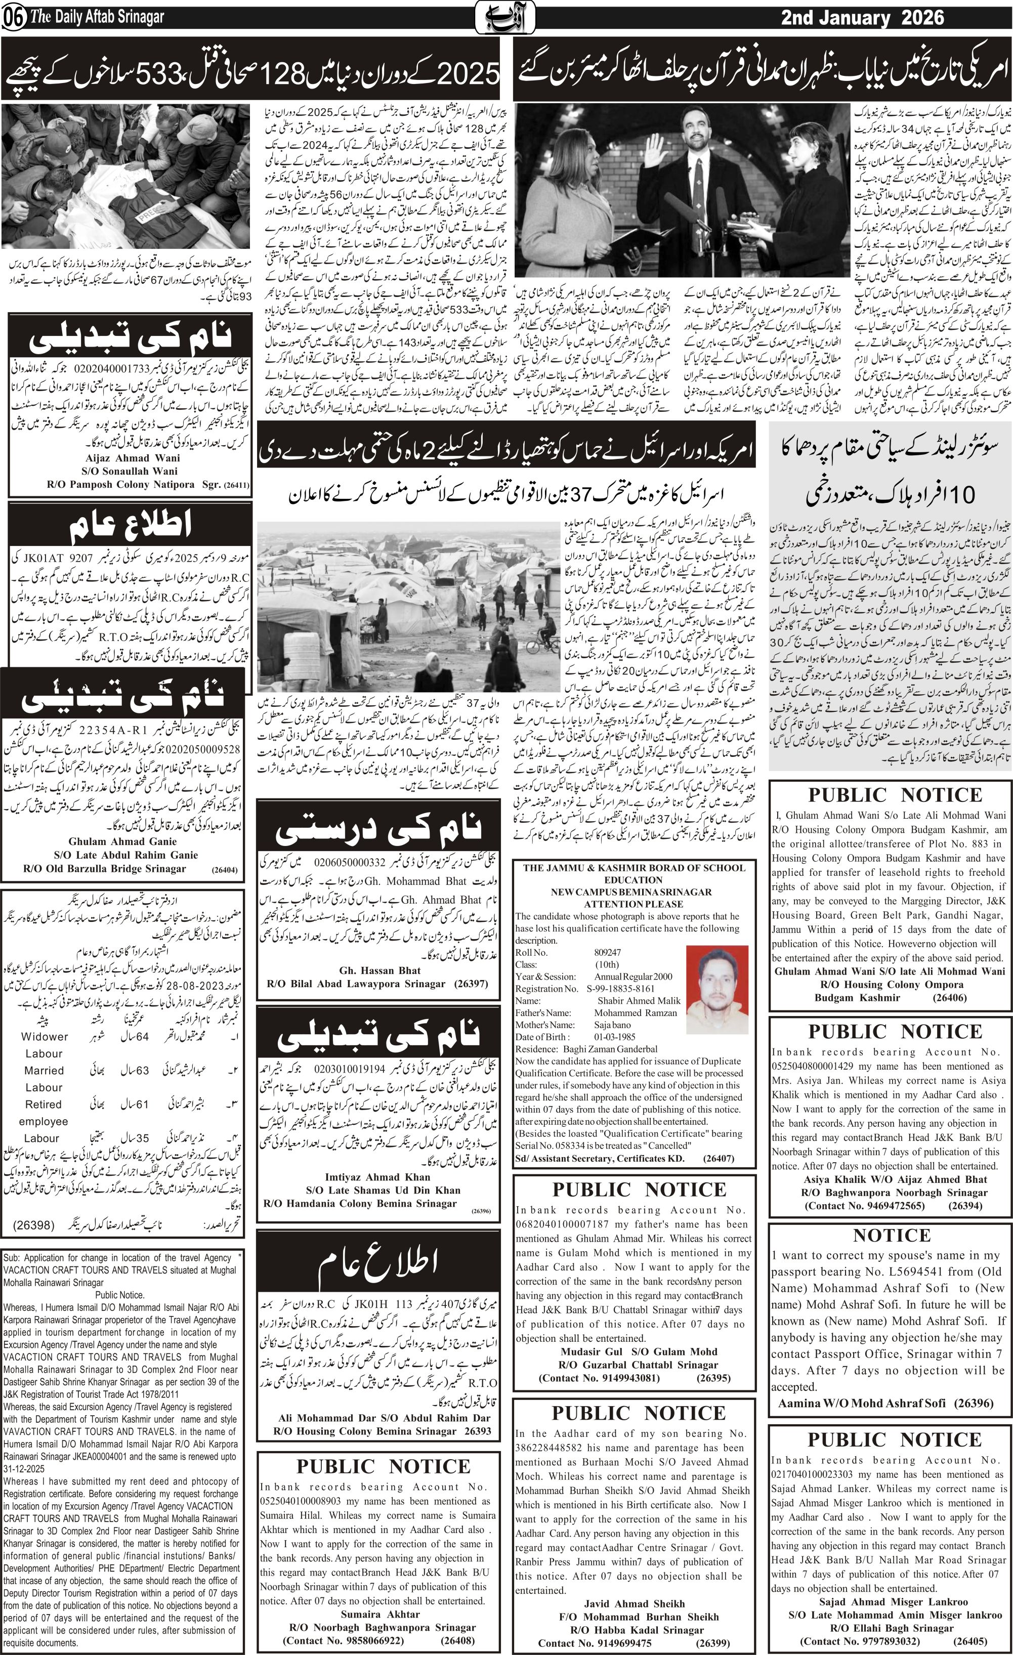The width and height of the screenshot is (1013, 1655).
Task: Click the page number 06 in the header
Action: [13, 18]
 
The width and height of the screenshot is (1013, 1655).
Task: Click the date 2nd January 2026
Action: [862, 18]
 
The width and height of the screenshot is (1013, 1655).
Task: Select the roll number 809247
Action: [607, 952]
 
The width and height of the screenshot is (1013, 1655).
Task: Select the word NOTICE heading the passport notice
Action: [892, 1235]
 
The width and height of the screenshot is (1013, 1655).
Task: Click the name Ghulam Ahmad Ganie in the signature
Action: [122, 841]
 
